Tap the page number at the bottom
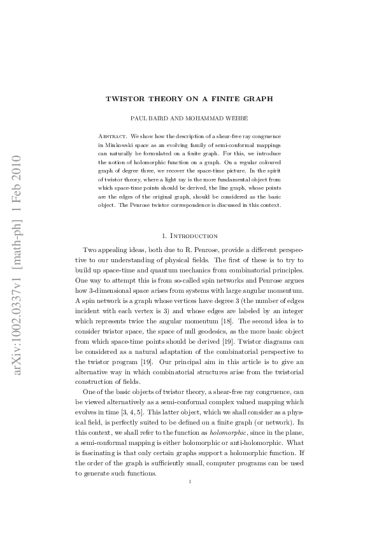[190, 500]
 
